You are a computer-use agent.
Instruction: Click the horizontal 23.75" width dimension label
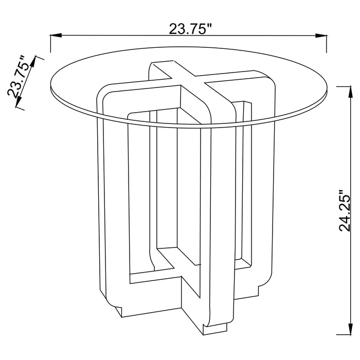click(x=190, y=29)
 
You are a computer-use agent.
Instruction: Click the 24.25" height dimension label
click(x=345, y=210)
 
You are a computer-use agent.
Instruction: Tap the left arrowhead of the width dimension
click(x=56, y=35)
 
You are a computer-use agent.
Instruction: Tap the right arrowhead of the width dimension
click(x=321, y=35)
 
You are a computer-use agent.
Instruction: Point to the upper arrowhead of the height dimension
click(x=350, y=92)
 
